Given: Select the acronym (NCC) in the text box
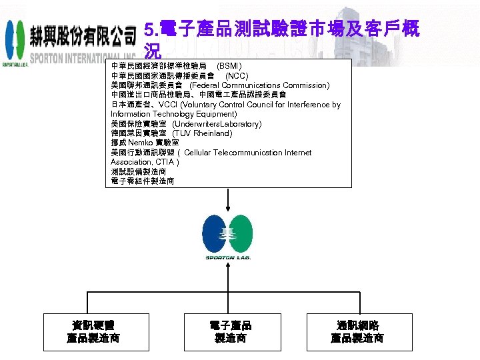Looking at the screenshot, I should coord(237,76).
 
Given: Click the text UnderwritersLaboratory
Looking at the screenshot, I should coord(217,124).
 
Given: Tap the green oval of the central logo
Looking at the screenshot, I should coord(241,233).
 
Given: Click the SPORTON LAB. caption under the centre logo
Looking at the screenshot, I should coord(228,257).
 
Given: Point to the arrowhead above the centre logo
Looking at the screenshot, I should coord(229,207).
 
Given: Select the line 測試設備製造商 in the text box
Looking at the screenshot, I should coord(139,171).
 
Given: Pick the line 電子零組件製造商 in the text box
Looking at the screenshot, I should coord(143,181).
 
